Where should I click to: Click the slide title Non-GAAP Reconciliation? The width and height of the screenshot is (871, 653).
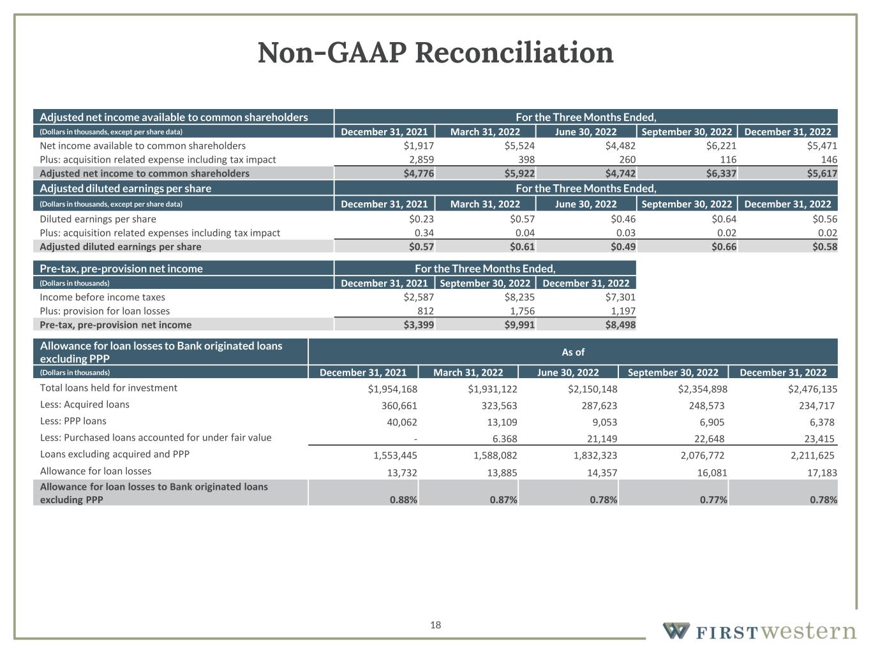click(435, 52)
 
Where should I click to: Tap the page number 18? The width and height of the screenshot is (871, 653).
click(435, 625)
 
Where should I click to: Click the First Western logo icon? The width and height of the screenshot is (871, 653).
click(676, 631)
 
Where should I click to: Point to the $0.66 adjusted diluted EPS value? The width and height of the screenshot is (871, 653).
click(724, 247)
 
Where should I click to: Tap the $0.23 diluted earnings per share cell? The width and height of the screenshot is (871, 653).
click(421, 219)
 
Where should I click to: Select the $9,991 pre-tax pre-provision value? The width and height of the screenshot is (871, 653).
click(519, 325)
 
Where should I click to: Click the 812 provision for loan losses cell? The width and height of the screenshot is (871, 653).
click(425, 311)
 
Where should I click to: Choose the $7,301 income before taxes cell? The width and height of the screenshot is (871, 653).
click(620, 297)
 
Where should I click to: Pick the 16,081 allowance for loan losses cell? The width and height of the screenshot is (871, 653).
click(709, 473)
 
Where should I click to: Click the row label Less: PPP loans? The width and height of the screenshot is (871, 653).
click(73, 421)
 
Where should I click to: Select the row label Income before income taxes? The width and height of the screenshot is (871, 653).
click(102, 297)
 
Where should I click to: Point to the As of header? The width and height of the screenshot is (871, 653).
click(572, 352)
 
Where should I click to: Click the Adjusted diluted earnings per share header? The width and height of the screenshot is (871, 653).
click(125, 188)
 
